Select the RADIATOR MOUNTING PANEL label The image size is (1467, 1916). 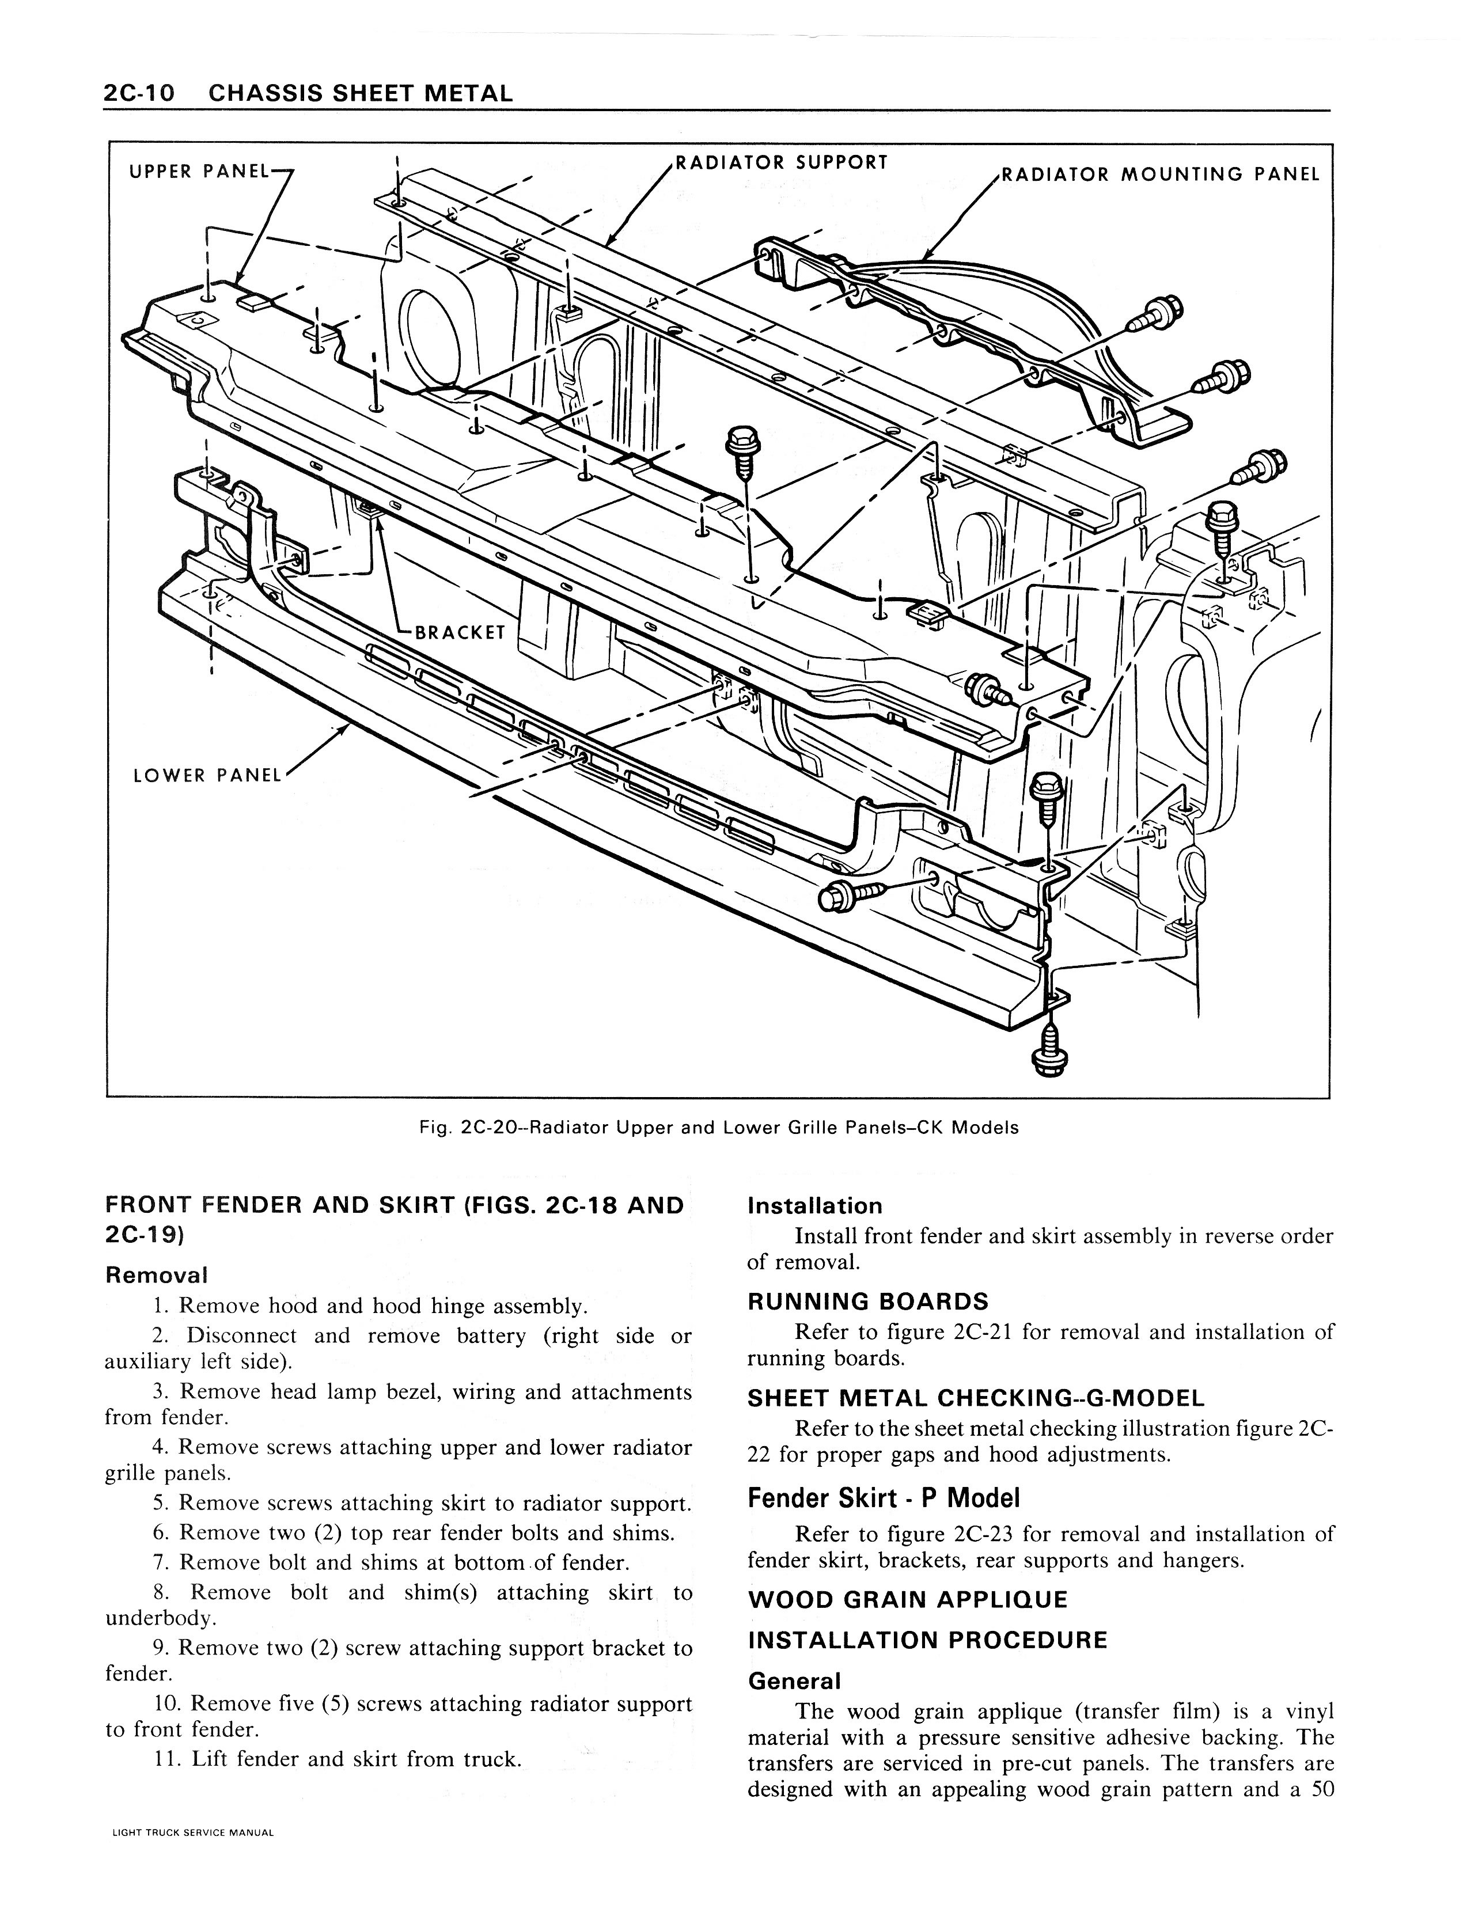click(1159, 174)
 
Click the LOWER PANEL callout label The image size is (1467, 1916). click(207, 775)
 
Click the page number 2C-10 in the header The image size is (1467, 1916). click(139, 93)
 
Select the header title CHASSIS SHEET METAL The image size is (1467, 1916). click(361, 93)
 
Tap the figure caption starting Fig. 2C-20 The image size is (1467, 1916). click(719, 1127)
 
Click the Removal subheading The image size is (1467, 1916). click(156, 1274)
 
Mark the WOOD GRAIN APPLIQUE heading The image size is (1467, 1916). click(907, 1600)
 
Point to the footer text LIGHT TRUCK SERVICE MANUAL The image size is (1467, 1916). click(193, 1857)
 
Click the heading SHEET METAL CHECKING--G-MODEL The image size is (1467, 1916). click(975, 1398)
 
